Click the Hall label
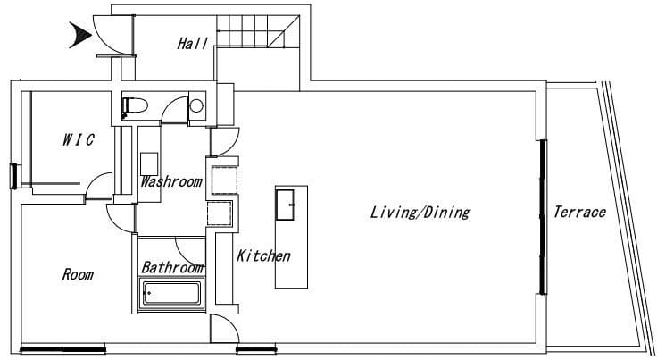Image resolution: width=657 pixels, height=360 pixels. click(x=192, y=43)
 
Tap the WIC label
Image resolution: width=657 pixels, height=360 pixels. click(x=79, y=139)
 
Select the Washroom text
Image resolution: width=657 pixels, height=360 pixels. click(x=171, y=182)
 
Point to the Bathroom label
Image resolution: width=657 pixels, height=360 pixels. click(x=172, y=267)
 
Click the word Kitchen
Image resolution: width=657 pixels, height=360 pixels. click(x=263, y=255)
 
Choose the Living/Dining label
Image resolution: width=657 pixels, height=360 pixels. click(x=420, y=213)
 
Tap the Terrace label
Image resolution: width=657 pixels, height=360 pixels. click(x=579, y=212)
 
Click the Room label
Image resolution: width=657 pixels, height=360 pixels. click(x=78, y=274)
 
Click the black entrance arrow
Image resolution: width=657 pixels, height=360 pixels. click(x=80, y=35)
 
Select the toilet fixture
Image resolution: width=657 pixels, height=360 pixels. click(x=134, y=105)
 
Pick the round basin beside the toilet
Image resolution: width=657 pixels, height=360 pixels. click(x=196, y=105)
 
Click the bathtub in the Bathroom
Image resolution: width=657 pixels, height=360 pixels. click(x=171, y=293)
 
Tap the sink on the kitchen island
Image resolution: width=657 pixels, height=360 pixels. click(x=285, y=205)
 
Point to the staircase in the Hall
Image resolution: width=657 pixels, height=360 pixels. click(x=258, y=31)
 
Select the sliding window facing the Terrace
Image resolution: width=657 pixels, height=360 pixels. click(x=543, y=217)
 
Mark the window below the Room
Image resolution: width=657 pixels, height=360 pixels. click(x=62, y=348)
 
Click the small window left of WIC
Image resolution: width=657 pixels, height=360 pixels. click(x=14, y=177)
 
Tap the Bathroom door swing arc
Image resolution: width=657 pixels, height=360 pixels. click(x=189, y=251)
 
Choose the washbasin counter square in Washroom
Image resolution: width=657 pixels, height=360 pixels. click(x=149, y=164)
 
